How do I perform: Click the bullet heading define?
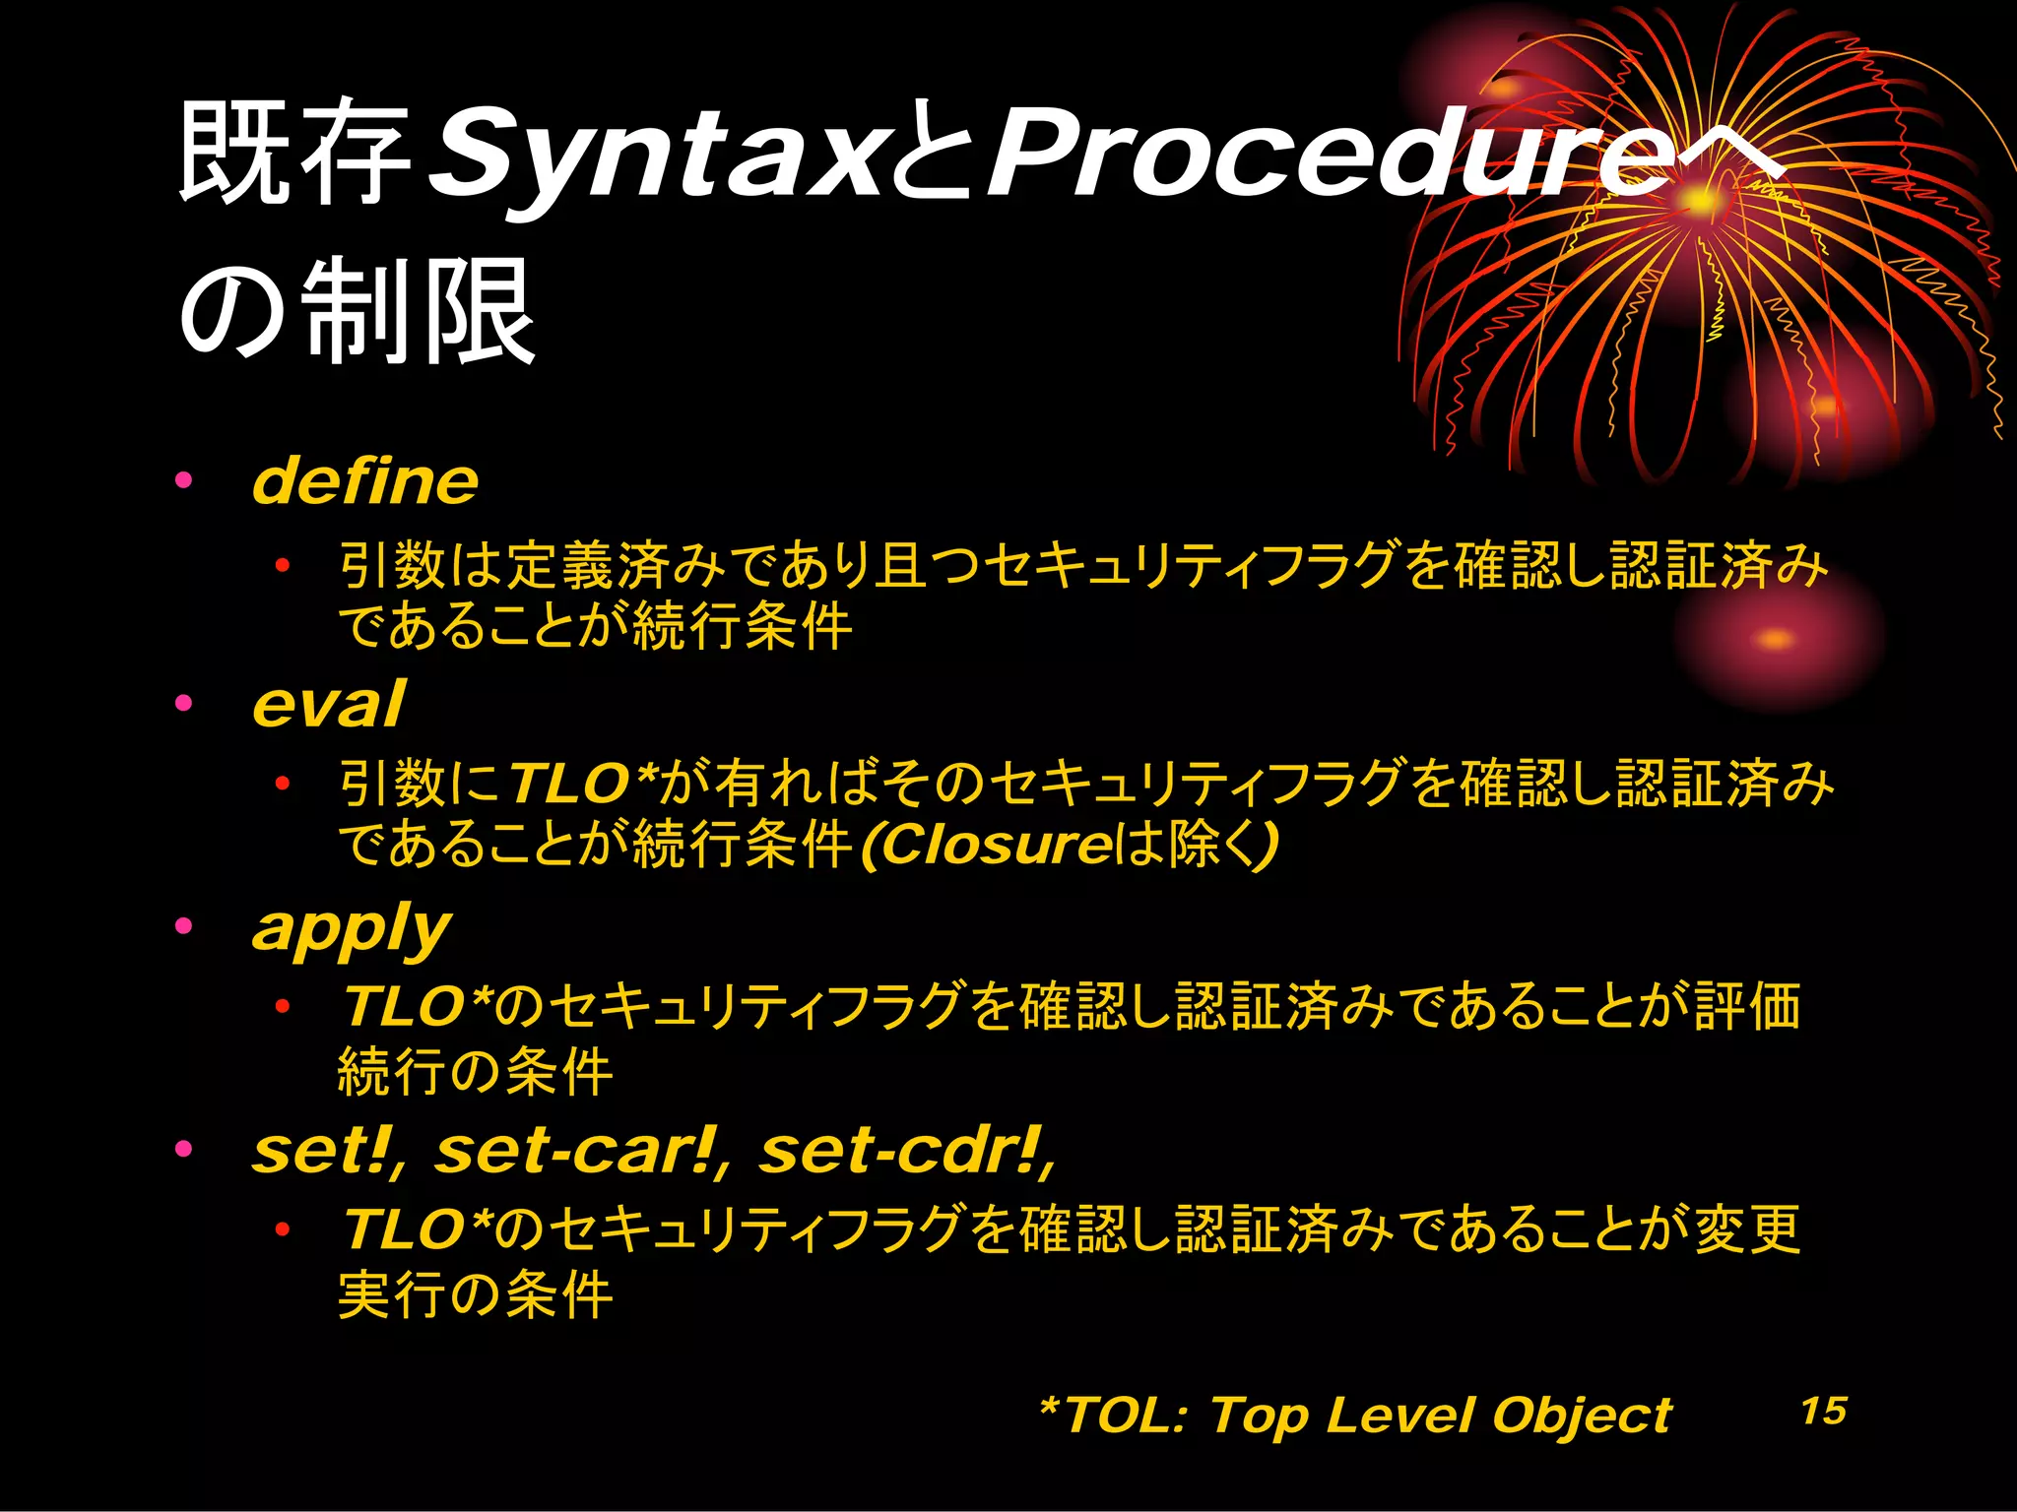[x=364, y=481]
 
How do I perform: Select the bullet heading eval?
[x=327, y=705]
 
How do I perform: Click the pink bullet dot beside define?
[x=183, y=481]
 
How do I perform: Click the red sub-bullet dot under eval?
[x=283, y=785]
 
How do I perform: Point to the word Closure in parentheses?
[x=997, y=845]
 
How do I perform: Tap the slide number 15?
[x=1823, y=1410]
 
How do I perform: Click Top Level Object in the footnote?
[x=1440, y=1416]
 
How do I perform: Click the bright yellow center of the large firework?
[x=1699, y=202]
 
